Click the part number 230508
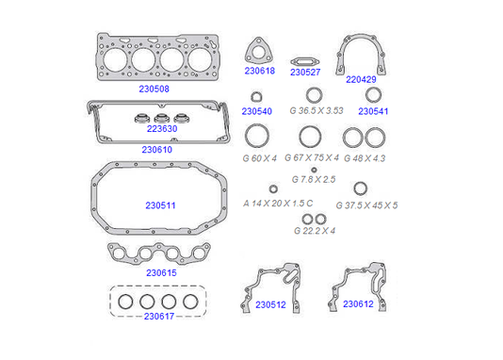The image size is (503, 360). click(x=154, y=89)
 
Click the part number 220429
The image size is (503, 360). click(x=361, y=79)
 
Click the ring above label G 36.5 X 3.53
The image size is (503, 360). click(x=307, y=95)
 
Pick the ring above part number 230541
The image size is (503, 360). click(x=366, y=95)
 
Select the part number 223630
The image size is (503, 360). click(x=162, y=129)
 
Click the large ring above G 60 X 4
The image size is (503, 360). click(x=247, y=136)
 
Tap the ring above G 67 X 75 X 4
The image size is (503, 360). click(x=300, y=137)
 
